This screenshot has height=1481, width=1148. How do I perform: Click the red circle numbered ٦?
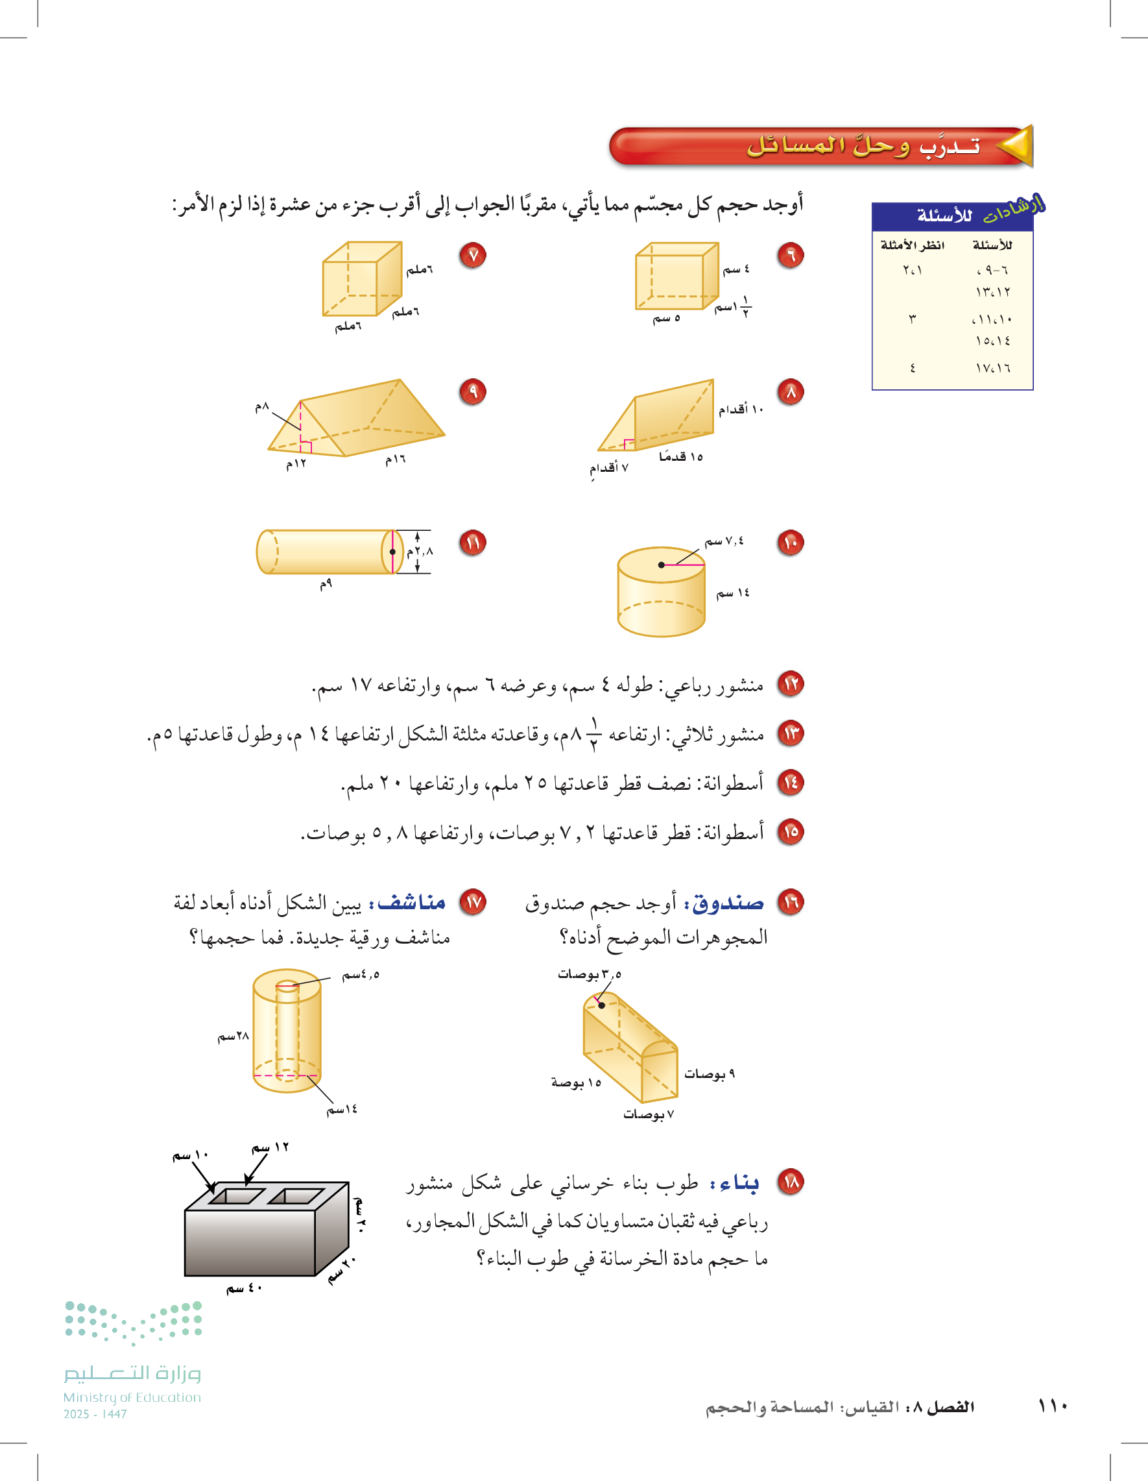point(790,255)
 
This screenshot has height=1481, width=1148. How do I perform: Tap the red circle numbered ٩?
point(472,391)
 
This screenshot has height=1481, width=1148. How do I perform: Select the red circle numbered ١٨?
point(790,1182)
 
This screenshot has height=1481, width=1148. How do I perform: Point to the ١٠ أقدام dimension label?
point(741,409)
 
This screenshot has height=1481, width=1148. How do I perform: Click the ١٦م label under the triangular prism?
point(395,459)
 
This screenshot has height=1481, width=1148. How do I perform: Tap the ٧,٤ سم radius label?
point(724,541)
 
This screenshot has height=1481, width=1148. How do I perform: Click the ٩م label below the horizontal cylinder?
point(326,584)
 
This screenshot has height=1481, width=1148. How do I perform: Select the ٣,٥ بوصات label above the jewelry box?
point(590,974)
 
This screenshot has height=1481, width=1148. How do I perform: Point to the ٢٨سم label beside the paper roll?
point(233,1036)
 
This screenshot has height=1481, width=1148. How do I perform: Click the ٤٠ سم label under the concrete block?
point(244,1288)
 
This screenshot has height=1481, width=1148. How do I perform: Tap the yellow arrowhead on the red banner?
point(1016,146)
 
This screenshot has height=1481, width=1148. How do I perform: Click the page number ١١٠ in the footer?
point(1053,1406)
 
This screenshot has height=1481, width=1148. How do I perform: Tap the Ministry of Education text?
point(132,1397)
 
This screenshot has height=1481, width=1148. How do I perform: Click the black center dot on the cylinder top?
point(662,565)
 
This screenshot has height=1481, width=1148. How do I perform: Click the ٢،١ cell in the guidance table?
point(912,270)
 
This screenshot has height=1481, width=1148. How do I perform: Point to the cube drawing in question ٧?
point(363,278)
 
